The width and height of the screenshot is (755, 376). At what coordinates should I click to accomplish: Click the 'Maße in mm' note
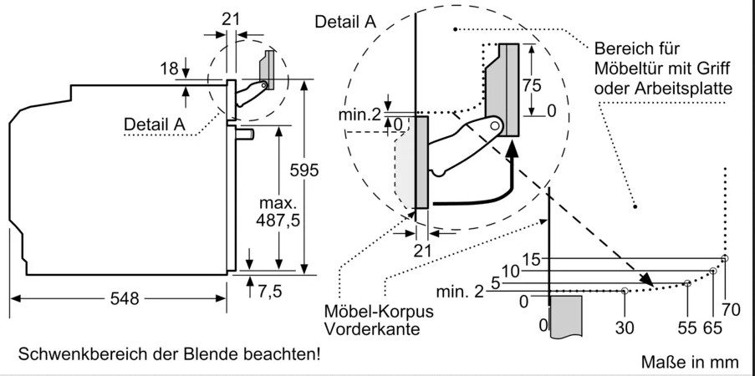tap(691, 362)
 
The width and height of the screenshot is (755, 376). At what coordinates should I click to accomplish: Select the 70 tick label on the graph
tap(731, 310)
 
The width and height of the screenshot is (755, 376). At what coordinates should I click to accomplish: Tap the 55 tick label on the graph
tap(687, 327)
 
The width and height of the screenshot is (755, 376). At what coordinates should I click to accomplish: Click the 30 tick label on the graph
tap(625, 327)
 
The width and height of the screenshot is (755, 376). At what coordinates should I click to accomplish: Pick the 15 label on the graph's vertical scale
tap(532, 259)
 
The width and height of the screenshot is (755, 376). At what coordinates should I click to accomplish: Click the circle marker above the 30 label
tap(625, 291)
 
